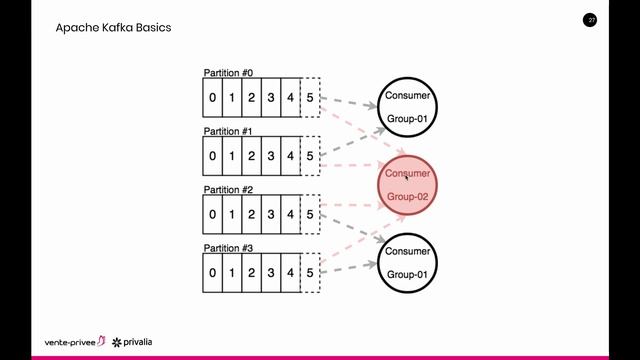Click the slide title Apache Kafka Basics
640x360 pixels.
click(113, 28)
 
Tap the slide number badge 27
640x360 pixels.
click(591, 20)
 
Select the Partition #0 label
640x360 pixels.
click(229, 73)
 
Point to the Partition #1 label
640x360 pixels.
click(229, 131)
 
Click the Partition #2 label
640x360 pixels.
click(229, 189)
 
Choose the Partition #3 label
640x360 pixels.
click(229, 247)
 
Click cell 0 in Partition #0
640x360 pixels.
click(212, 97)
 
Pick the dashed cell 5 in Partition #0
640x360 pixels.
click(310, 97)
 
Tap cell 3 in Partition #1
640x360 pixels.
click(271, 155)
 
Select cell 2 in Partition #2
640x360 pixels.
click(251, 213)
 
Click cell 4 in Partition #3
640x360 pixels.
click(290, 271)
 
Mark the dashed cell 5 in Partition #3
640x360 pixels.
click(310, 271)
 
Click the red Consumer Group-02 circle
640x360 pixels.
click(407, 185)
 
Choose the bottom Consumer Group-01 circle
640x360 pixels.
click(407, 262)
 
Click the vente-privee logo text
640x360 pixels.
click(75, 341)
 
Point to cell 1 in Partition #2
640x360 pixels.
click(232, 213)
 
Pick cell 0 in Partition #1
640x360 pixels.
click(212, 155)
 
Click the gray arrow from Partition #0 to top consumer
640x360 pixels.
click(350, 102)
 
